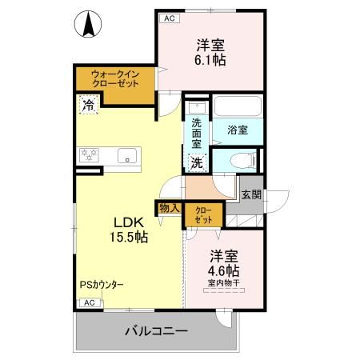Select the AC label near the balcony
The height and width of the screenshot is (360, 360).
[x=89, y=303]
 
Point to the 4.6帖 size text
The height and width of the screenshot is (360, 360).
[x=224, y=270]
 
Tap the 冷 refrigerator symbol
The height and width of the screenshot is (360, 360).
[x=88, y=103]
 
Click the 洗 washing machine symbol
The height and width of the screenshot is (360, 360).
[x=197, y=161]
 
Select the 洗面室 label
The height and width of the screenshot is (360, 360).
[x=197, y=134]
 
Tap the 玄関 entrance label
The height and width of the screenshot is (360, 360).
[x=251, y=194]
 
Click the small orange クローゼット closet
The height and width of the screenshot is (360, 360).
[x=204, y=214]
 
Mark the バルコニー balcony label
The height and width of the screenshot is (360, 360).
[x=155, y=330]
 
